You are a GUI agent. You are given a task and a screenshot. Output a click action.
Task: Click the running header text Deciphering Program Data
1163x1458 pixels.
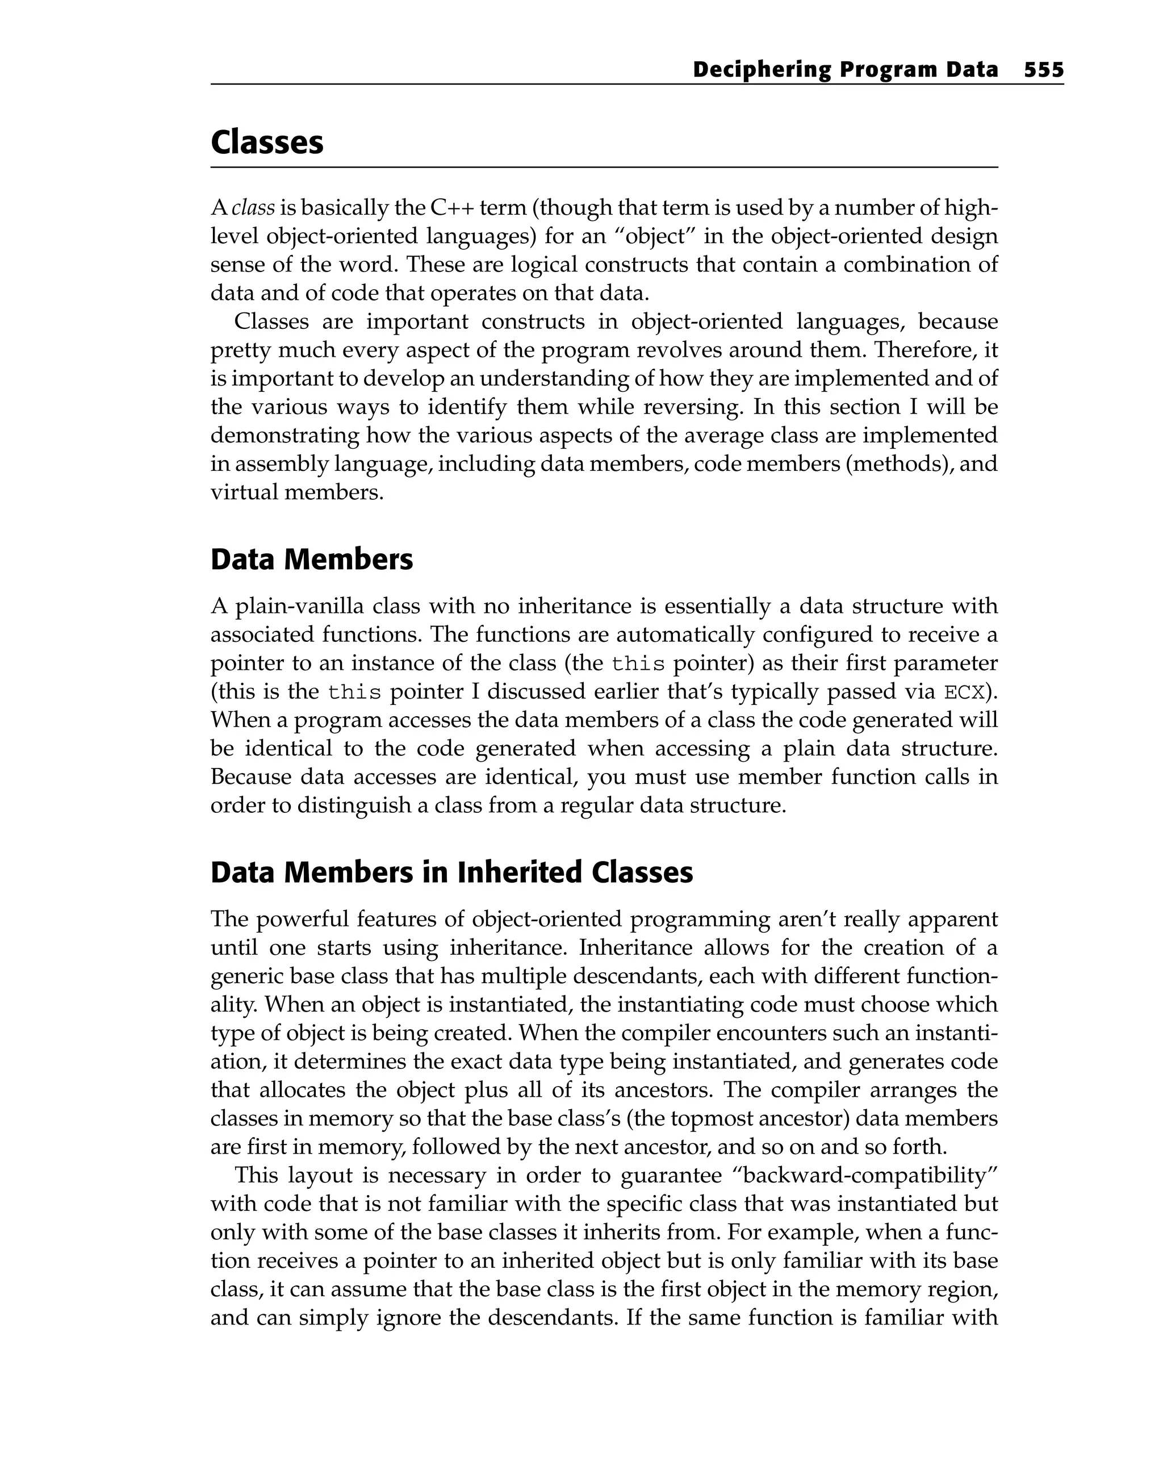(844, 70)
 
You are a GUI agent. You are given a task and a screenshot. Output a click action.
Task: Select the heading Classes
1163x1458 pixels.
(267, 142)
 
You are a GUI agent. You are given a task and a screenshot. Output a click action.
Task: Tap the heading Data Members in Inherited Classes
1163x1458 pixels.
(451, 872)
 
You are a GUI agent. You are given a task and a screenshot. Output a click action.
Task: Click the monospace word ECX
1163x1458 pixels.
(963, 692)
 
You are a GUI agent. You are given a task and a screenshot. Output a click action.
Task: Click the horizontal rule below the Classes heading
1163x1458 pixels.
(603, 167)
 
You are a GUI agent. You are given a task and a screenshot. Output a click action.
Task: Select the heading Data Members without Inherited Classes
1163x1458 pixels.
(311, 559)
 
